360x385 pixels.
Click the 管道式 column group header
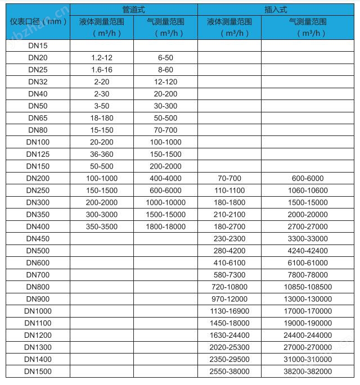(133, 10)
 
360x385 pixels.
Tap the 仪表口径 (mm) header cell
(38, 21)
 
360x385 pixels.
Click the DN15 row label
(38, 46)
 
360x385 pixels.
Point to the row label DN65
(38, 118)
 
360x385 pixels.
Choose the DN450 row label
(38, 238)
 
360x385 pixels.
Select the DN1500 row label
(38, 372)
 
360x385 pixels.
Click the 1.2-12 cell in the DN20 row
(101, 58)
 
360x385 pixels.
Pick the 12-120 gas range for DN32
(165, 81)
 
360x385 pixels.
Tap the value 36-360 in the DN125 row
(101, 154)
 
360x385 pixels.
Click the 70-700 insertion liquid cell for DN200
(228, 178)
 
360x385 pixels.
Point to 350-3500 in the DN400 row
(101, 227)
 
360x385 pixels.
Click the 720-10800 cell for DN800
(228, 287)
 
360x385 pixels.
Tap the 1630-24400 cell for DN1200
(228, 335)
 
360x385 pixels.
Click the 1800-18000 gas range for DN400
(165, 227)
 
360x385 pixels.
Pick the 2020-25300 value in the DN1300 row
(228, 347)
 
